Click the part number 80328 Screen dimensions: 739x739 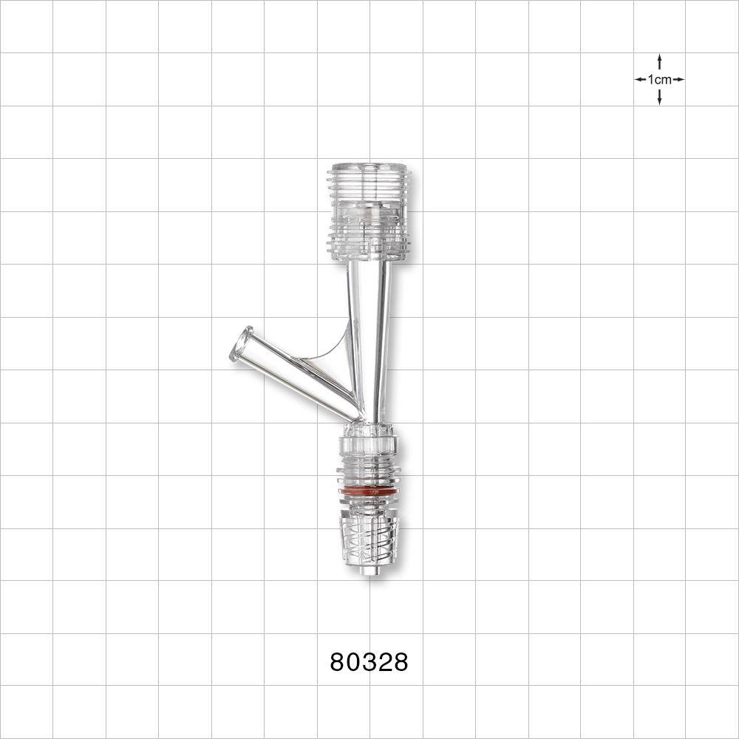(x=369, y=663)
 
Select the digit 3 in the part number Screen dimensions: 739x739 (x=369, y=663)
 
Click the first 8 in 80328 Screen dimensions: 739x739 (x=338, y=663)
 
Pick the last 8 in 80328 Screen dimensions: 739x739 (x=400, y=663)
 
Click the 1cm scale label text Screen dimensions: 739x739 (x=659, y=79)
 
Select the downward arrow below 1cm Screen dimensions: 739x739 (x=659, y=98)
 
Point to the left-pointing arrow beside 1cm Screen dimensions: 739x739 (x=640, y=79)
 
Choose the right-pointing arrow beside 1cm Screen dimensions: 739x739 (x=678, y=79)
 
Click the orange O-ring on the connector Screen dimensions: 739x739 (x=368, y=491)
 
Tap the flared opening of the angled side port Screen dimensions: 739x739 (x=241, y=344)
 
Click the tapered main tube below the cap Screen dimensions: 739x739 (x=369, y=325)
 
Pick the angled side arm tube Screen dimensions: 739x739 (x=296, y=373)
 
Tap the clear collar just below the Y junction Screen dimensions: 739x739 (x=368, y=446)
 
